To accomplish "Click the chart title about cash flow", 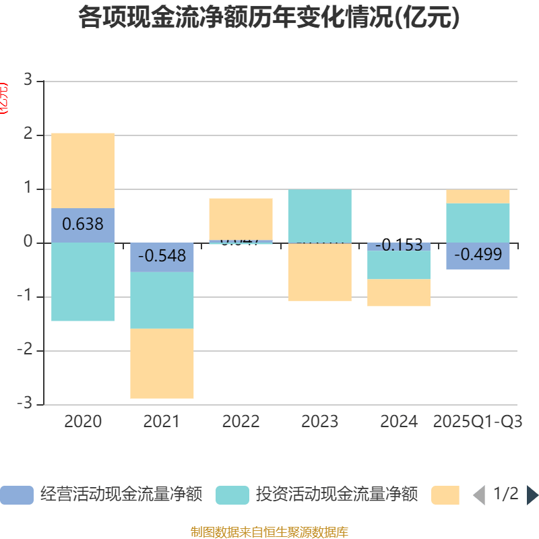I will [x=269, y=18].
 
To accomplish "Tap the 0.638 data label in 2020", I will [x=82, y=224].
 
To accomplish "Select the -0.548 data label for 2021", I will [x=162, y=256].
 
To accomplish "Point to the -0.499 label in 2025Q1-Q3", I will [x=478, y=255].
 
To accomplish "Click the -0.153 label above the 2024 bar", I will [x=398, y=245].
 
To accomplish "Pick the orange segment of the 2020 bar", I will [x=82, y=170].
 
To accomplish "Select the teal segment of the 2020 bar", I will [x=82, y=282].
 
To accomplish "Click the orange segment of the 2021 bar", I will [x=162, y=363].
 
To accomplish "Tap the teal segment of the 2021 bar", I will [x=162, y=300].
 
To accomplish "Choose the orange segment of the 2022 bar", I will [x=241, y=218].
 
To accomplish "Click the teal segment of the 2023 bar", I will [x=319, y=216].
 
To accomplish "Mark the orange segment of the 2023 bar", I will [x=319, y=272].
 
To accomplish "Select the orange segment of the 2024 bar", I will [x=398, y=292].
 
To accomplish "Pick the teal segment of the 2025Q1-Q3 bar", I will [x=478, y=222].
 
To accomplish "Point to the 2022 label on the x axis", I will [x=241, y=422].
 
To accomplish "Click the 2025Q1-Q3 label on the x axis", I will [x=478, y=422].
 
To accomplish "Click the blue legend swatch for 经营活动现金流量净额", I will [x=16, y=495].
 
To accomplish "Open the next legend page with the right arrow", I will [x=532, y=495].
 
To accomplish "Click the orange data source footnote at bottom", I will [x=269, y=532].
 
